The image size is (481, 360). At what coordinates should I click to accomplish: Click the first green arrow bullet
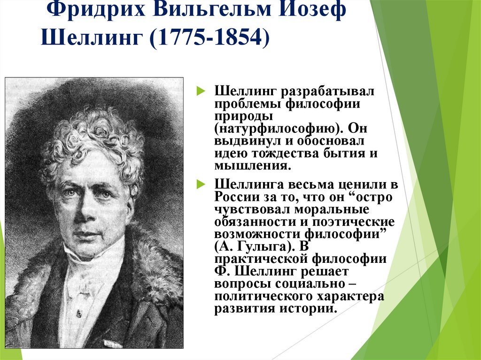(x=200, y=90)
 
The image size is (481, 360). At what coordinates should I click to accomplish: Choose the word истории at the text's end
(x=310, y=309)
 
